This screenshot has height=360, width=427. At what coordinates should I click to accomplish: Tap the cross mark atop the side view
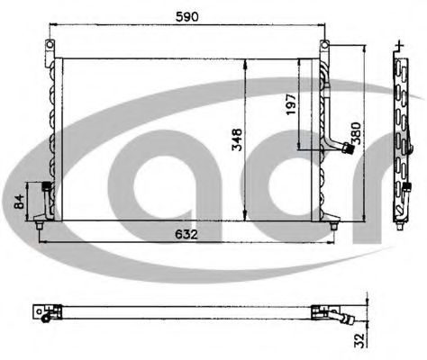click(399, 42)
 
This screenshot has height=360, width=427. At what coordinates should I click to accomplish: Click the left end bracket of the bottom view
click(41, 311)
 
